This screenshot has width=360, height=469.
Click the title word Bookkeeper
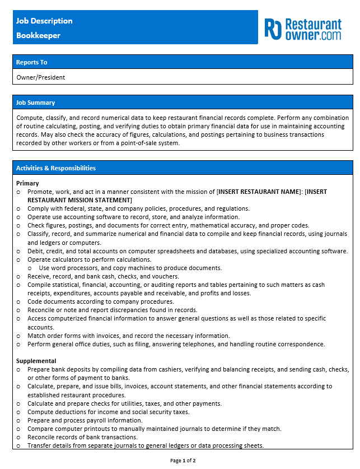pos(38,35)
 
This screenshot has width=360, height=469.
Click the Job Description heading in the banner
pos(44,21)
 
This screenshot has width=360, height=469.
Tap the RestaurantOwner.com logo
pos(303,29)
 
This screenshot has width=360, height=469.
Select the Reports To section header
pos(31,62)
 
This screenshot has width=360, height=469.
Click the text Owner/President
pos(41,77)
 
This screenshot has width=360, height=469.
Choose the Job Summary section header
pos(35,103)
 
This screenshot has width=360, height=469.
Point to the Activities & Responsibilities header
pos(55,168)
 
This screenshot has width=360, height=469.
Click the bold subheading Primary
pos(27,183)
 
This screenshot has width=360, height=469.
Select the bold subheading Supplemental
pos(36,361)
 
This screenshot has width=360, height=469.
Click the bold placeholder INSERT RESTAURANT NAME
pos(259,192)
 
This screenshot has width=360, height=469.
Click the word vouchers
pos(163,276)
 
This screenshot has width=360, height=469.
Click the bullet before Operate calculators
pos(19,259)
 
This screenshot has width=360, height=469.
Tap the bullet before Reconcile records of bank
pos(19,437)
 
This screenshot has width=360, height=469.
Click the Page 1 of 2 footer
pos(183,461)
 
